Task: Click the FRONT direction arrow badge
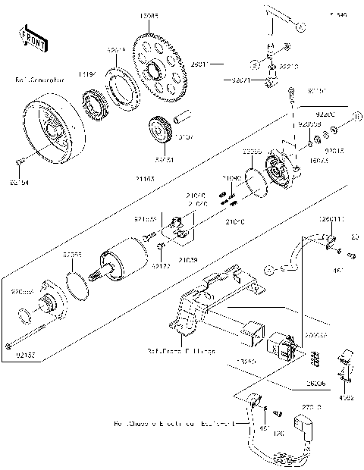pyautogui.click(x=29, y=36)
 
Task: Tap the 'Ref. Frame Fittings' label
pyautogui.click(x=181, y=352)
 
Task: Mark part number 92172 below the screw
pyautogui.click(x=162, y=266)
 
